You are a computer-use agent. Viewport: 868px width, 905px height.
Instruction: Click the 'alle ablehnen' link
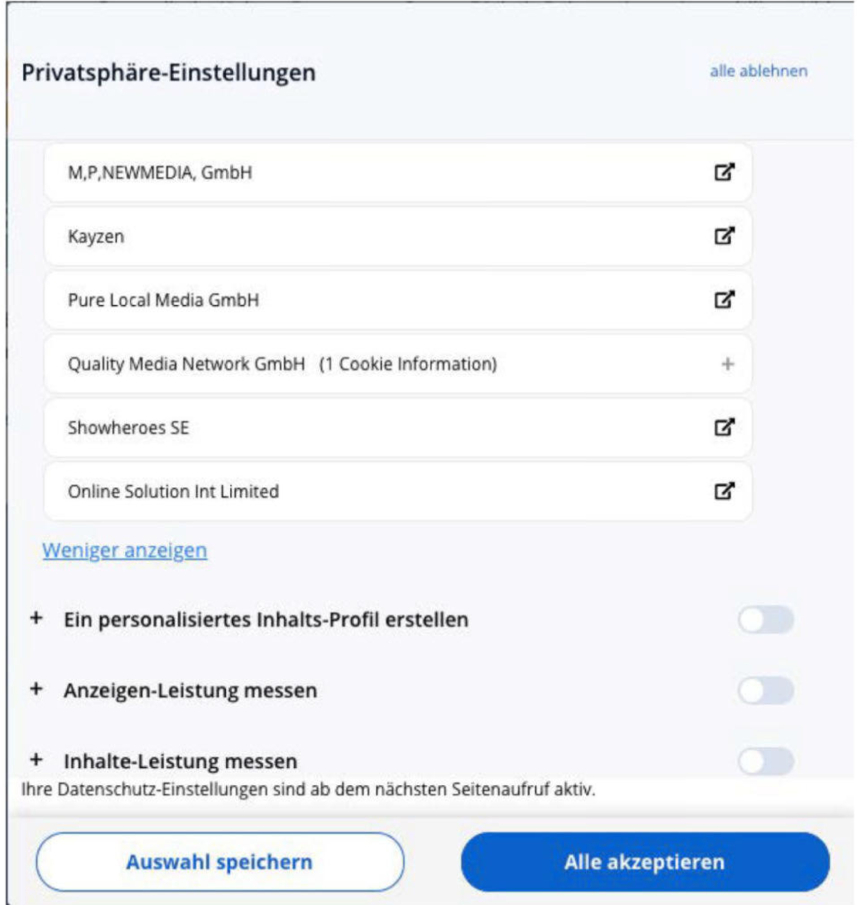tap(758, 71)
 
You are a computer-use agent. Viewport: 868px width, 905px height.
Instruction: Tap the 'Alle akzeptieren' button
tap(645, 861)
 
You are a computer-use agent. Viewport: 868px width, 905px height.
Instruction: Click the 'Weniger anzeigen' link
tap(125, 550)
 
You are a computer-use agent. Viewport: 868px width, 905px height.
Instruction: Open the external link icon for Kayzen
tap(724, 236)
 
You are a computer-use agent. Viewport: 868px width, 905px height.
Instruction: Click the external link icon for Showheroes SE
tap(724, 427)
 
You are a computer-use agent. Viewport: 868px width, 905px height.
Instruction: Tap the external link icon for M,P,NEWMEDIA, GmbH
tap(724, 172)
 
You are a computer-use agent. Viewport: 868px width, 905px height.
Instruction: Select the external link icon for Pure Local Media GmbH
tap(724, 300)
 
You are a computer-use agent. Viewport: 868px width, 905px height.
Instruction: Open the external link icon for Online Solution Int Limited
tap(724, 491)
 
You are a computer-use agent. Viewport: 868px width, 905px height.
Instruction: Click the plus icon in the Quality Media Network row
tap(727, 364)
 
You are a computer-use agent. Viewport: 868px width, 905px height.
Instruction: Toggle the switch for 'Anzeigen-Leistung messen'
tap(766, 691)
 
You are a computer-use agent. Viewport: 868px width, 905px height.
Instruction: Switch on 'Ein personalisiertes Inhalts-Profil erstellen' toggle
tap(766, 619)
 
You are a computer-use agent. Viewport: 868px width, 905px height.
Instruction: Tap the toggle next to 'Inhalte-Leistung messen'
tap(766, 761)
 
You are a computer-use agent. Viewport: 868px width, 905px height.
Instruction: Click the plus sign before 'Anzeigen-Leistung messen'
tap(36, 689)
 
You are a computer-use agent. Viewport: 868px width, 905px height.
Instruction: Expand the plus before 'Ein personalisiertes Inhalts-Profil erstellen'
tap(36, 618)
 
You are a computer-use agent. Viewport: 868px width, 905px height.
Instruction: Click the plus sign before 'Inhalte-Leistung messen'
tap(36, 760)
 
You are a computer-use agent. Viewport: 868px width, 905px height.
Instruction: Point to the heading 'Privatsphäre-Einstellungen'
tap(168, 72)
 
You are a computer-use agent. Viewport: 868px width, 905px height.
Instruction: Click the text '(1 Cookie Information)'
tap(408, 364)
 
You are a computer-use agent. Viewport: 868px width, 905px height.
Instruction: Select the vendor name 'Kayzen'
tap(96, 237)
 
